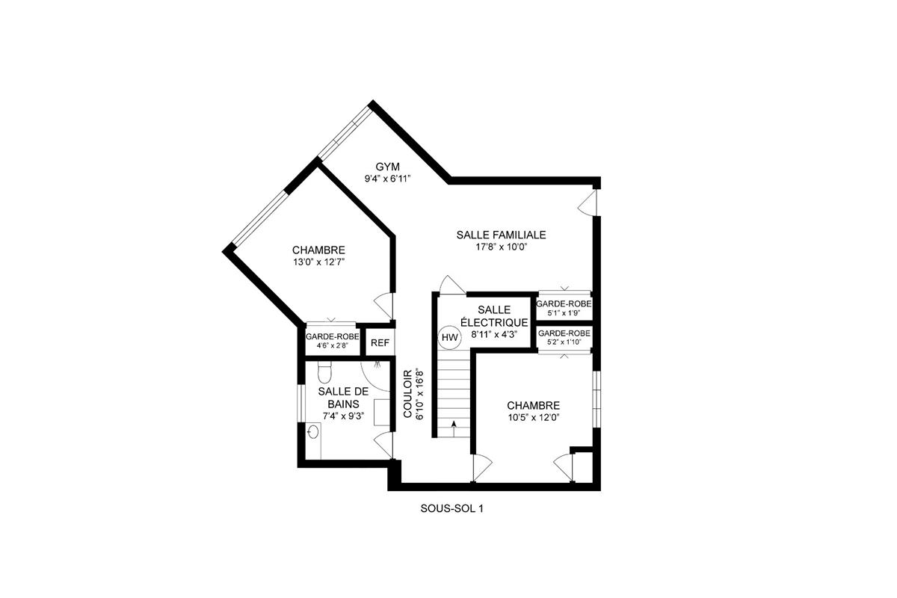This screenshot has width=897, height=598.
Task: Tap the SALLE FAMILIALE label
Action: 501,235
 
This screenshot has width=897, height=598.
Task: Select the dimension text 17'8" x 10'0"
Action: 502,247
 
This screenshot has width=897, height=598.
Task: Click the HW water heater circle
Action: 449,338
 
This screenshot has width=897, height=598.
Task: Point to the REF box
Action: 380,343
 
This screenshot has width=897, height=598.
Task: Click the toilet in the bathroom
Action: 324,372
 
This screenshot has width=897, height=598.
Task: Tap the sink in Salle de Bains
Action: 314,432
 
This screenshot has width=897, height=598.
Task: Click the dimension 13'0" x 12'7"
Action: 318,262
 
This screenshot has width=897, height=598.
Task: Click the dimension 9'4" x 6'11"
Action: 388,179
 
